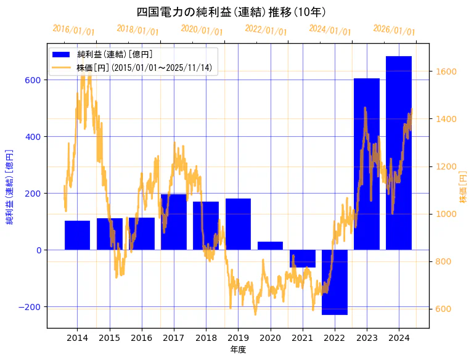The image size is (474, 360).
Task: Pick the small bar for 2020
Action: coord(270,245)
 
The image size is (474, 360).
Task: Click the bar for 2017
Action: coord(173,222)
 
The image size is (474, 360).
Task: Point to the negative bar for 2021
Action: coord(302,258)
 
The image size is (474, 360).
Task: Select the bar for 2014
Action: coord(77,235)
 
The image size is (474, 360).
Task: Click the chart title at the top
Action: coord(231,12)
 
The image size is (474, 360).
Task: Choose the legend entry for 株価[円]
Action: coord(144,68)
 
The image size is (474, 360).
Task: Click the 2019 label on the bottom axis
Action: coord(238,338)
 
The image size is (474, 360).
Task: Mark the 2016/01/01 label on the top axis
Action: coord(73,30)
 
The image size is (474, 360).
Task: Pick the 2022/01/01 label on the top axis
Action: coord(266,30)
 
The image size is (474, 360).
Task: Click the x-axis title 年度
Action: coord(238,350)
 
